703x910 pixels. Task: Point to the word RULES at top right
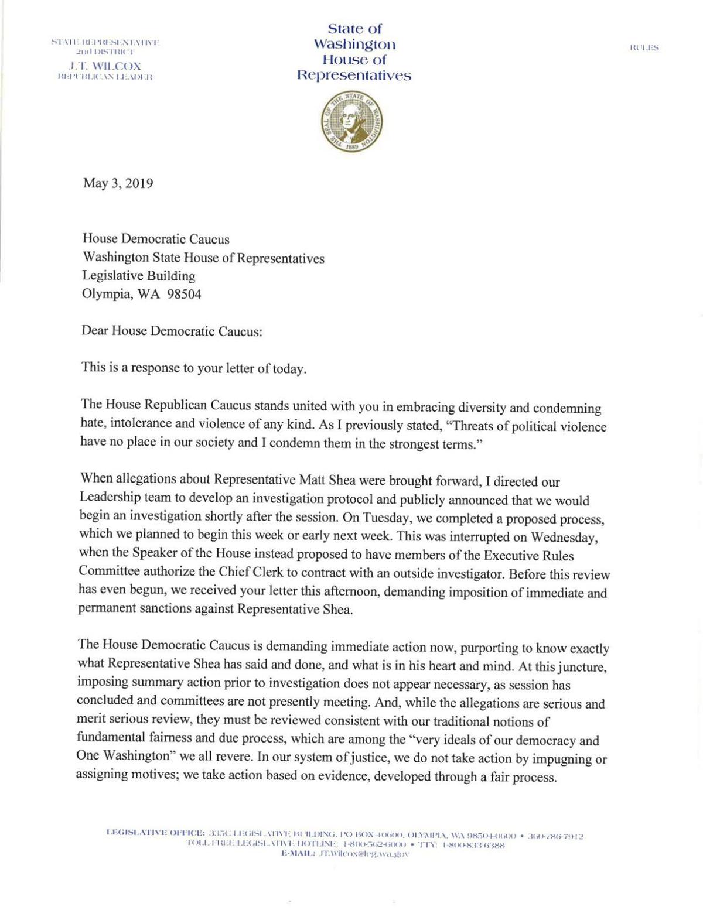tap(644, 48)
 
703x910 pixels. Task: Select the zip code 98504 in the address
tap(184, 295)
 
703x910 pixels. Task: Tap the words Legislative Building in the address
tap(138, 276)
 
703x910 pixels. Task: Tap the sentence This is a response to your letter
tap(193, 369)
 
